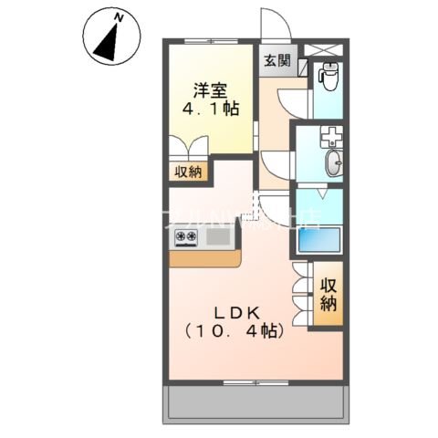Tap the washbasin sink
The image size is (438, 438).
click(x=334, y=163)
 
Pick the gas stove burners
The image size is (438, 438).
click(x=186, y=239)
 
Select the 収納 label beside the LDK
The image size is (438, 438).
click(x=329, y=293)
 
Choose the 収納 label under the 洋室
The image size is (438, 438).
click(x=190, y=171)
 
